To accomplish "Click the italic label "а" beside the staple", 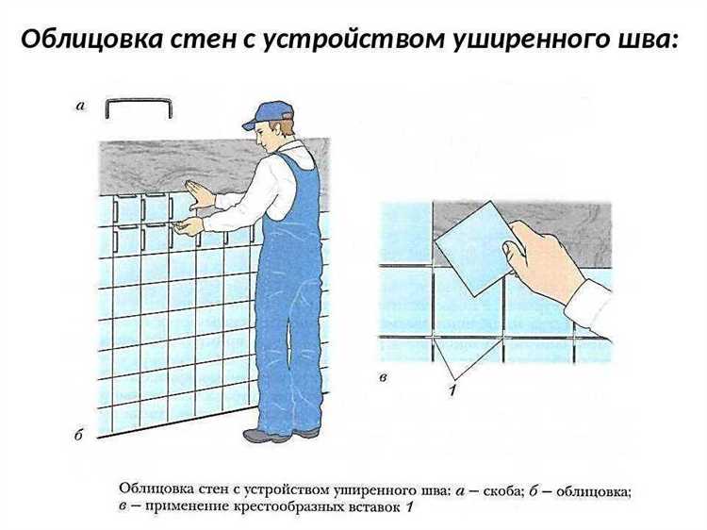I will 80,107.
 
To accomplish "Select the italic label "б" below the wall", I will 79,437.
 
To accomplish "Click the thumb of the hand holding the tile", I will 515,254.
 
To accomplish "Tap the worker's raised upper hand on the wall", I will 200,194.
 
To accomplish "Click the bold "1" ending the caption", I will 409,508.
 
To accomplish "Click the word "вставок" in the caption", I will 373,508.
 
